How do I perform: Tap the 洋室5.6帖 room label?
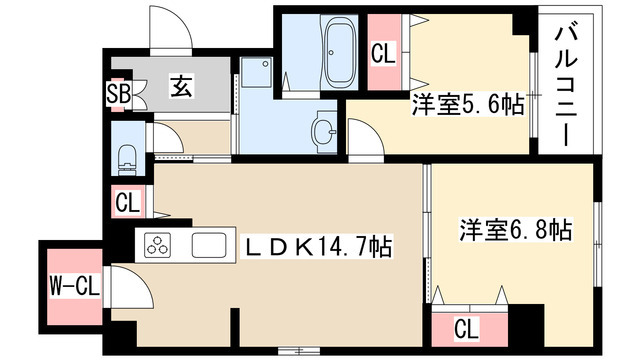[x=466, y=103]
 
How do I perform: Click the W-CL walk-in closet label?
[x=73, y=288]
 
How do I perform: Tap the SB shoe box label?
[x=119, y=96]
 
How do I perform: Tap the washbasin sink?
[x=322, y=132]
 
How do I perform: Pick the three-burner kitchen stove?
[x=159, y=244]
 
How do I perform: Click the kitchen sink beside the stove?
[x=211, y=244]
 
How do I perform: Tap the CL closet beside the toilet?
[x=127, y=202]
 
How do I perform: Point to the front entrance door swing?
[x=167, y=30]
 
